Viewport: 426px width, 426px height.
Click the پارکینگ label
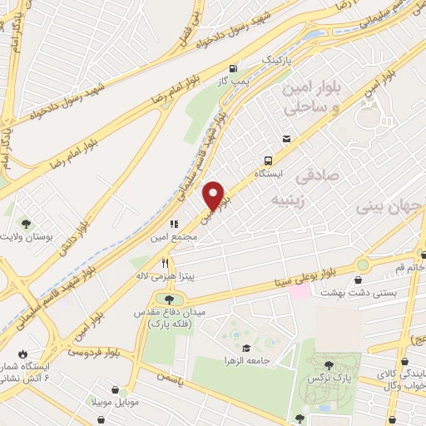click(279, 61)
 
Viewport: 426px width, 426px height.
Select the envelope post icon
click(287, 139)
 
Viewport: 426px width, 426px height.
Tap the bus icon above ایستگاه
click(268, 160)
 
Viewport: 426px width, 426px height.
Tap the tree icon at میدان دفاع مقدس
click(170, 299)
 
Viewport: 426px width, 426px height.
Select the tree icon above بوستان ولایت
click(26, 223)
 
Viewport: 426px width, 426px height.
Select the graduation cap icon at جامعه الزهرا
click(245, 349)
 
